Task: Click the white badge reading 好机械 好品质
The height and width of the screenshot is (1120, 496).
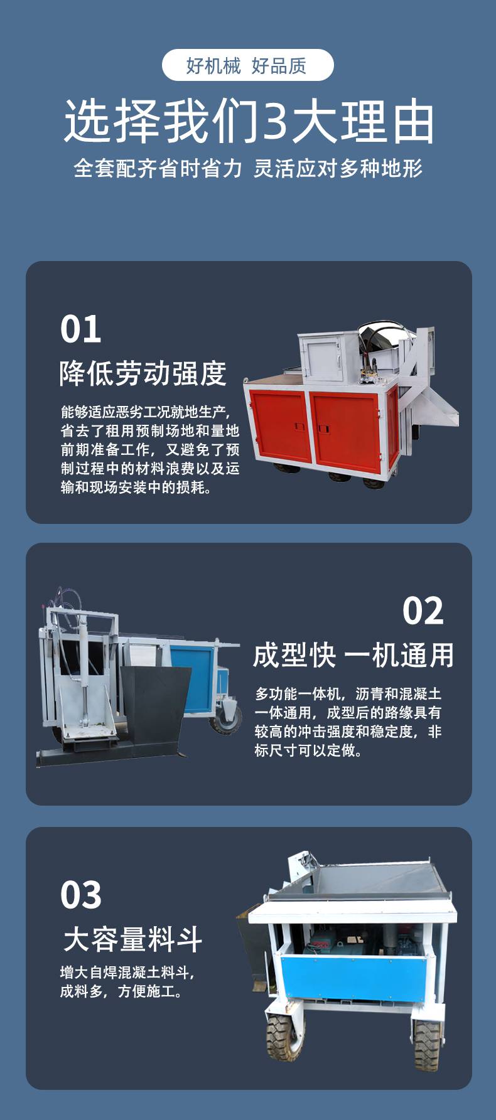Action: click(x=247, y=65)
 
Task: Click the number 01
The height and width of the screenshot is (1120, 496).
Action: click(x=81, y=329)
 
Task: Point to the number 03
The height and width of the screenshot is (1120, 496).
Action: click(x=81, y=895)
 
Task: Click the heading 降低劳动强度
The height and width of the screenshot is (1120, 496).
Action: click(x=143, y=373)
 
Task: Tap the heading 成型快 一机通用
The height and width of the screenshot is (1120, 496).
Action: click(x=353, y=655)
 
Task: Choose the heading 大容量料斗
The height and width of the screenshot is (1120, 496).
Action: click(x=133, y=939)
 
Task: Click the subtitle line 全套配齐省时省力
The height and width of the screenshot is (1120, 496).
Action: click(x=158, y=168)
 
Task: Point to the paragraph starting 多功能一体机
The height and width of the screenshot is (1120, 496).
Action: click(x=348, y=722)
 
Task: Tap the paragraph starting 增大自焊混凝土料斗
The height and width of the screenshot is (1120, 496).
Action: click(x=127, y=982)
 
